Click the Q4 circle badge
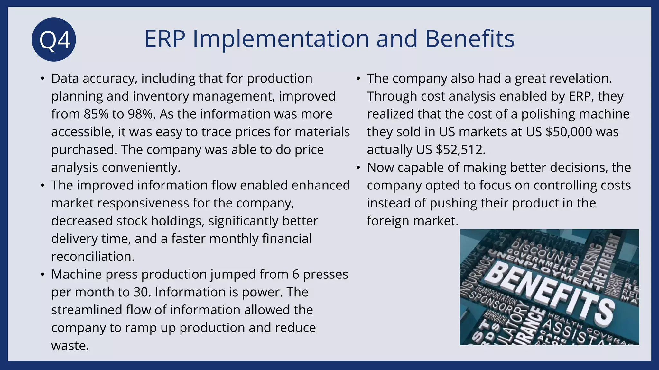point(54,40)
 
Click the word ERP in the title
point(165,39)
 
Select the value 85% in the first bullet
point(96,114)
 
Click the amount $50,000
point(569,132)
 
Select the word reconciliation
point(93,257)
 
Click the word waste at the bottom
point(70,346)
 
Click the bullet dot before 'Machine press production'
point(42,275)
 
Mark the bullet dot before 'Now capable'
point(358,168)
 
